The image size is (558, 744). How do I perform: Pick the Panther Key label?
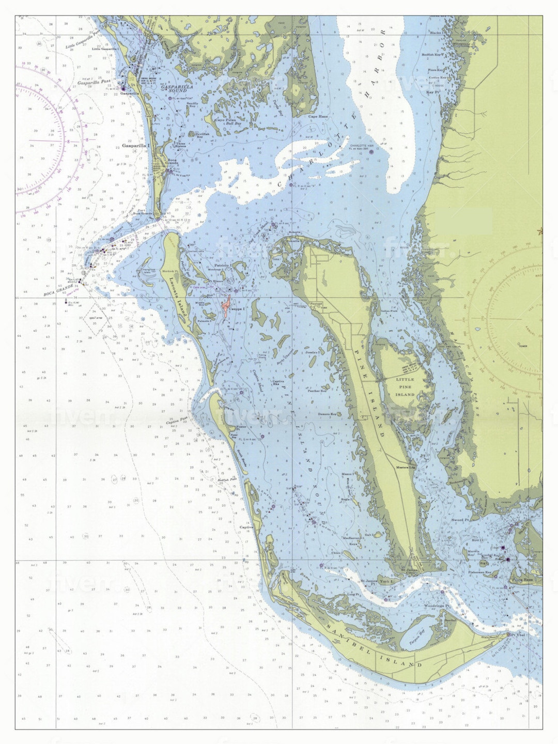[317, 391]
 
